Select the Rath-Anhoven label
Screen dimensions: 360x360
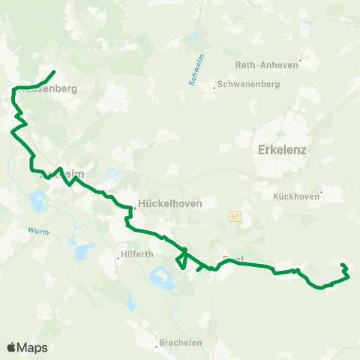[x=267, y=64]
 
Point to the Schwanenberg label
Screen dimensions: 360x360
[x=249, y=85]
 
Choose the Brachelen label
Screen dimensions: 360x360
[x=180, y=344]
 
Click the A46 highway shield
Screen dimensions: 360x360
[x=112, y=173]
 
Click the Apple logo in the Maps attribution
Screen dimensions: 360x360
[x=11, y=347]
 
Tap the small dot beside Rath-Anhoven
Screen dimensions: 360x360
[x=300, y=61]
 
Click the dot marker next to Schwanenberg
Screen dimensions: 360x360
[x=214, y=85]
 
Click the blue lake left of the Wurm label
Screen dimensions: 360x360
[x=35, y=201]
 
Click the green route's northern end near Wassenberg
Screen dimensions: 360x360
[x=54, y=72]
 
